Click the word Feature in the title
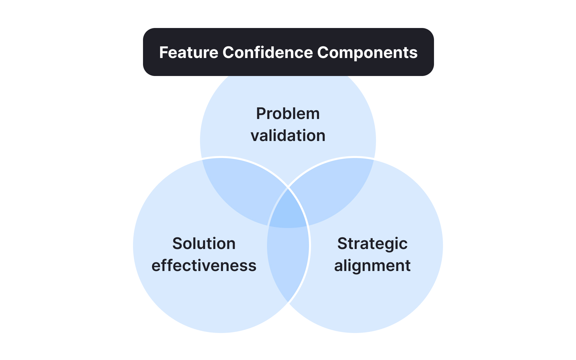(x=188, y=52)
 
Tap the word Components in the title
(x=367, y=52)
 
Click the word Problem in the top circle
(x=288, y=114)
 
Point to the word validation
(x=288, y=136)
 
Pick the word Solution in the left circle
(x=204, y=244)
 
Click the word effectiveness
(x=204, y=266)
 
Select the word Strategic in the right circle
(x=372, y=244)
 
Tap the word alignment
(x=372, y=266)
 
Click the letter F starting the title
(x=163, y=52)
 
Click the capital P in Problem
(x=261, y=114)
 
